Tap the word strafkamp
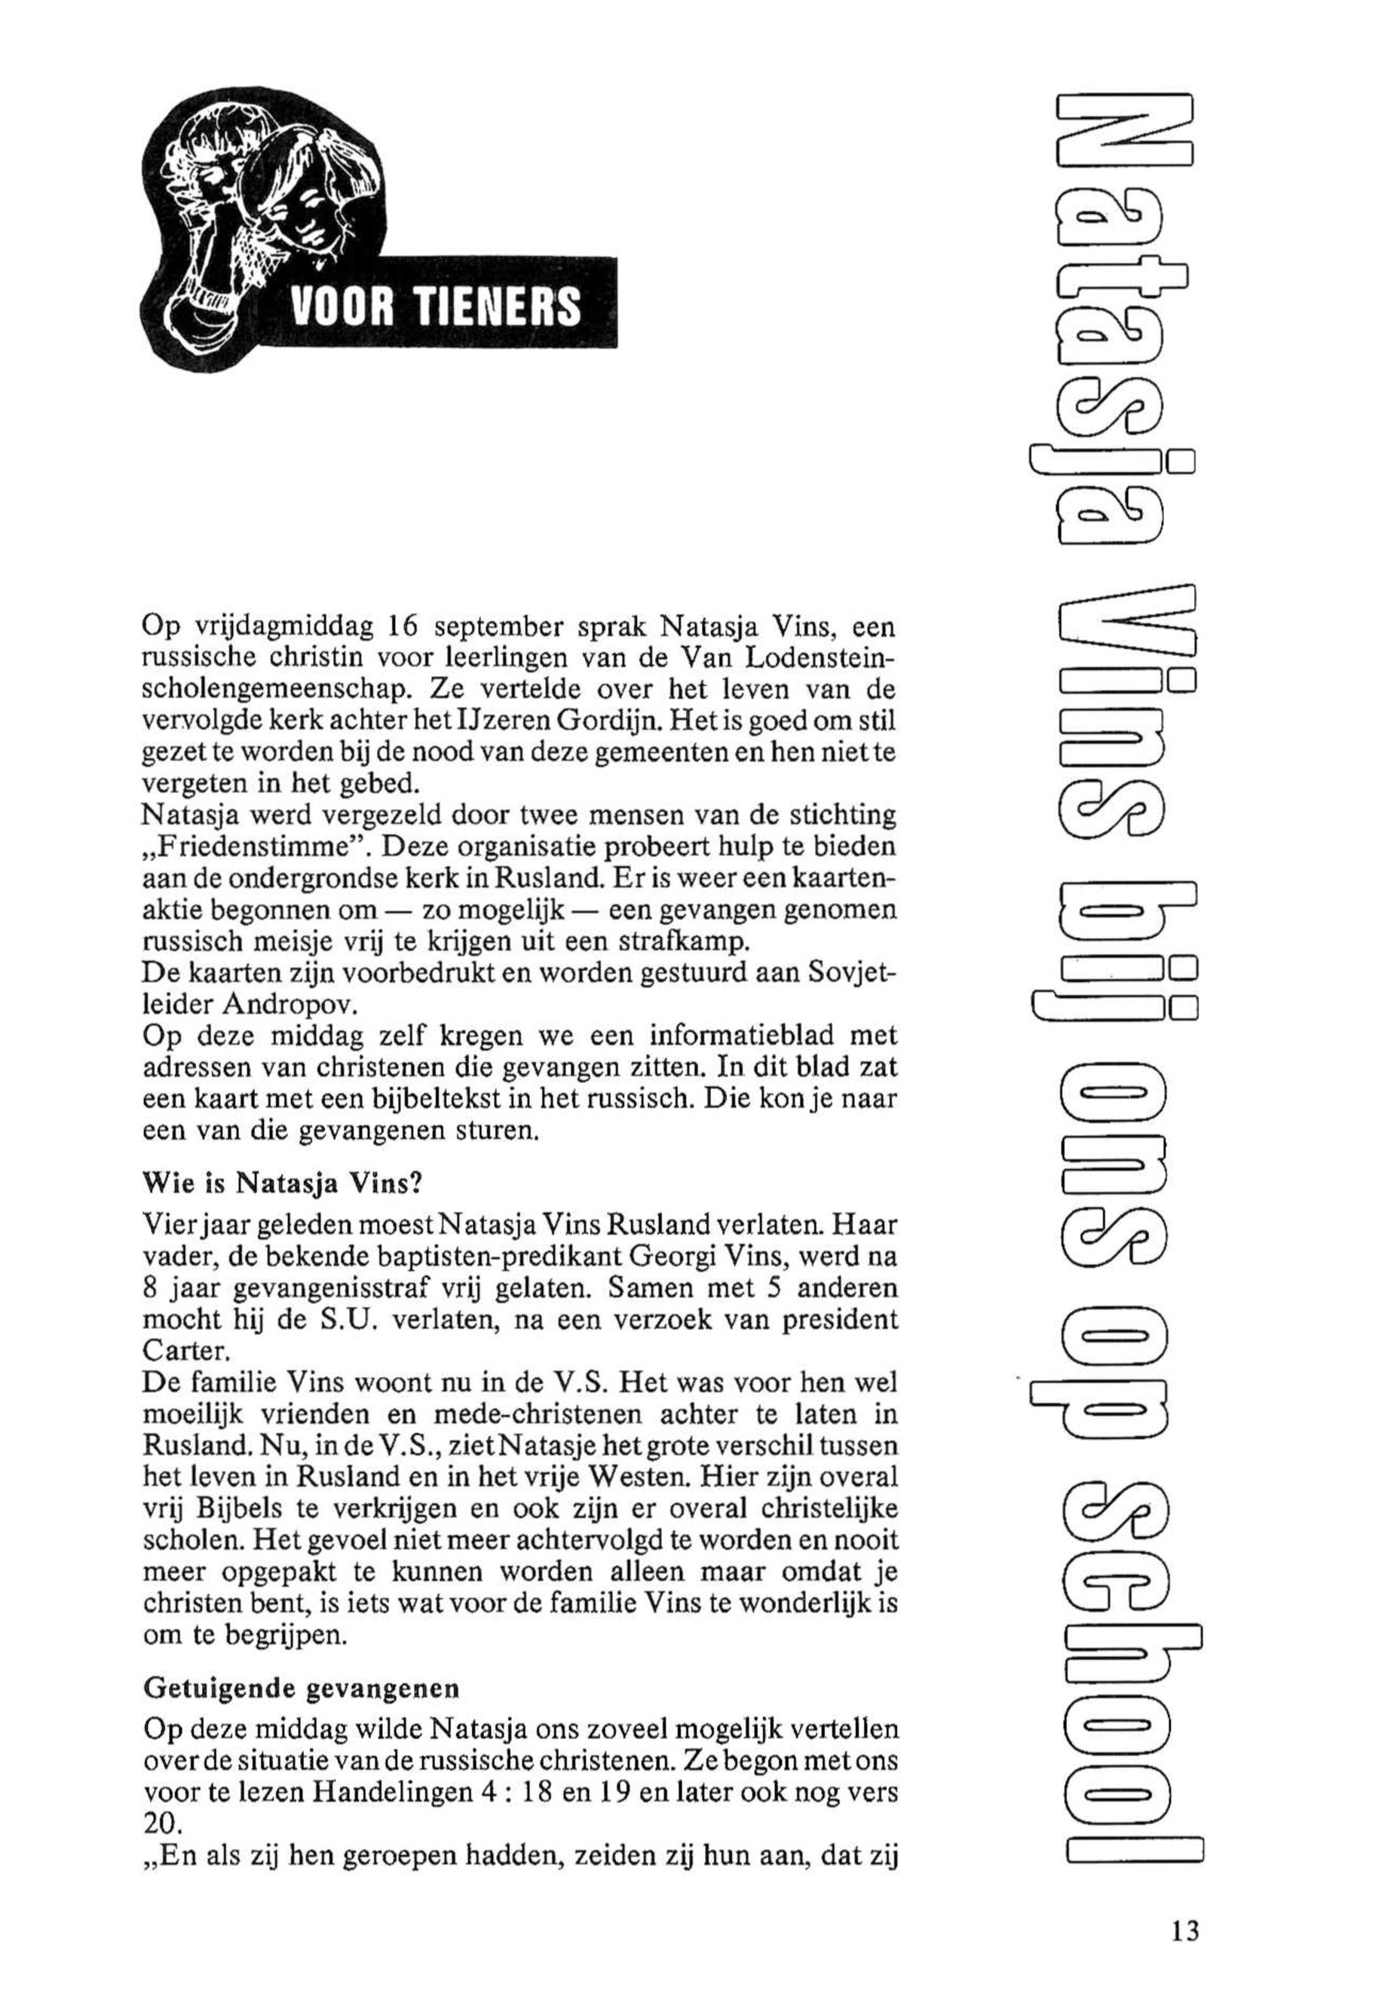coord(694,943)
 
